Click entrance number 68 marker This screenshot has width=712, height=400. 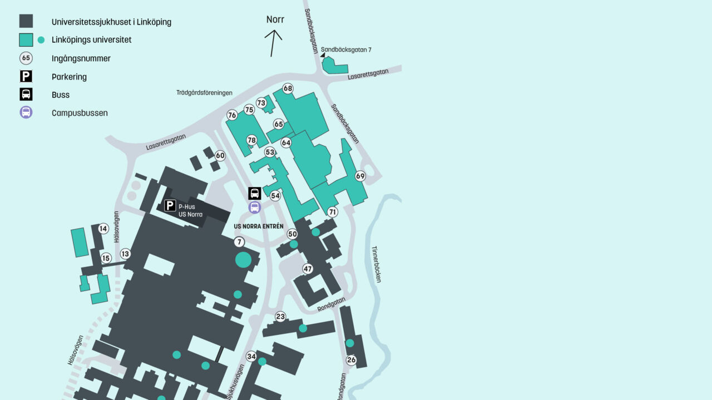(288, 88)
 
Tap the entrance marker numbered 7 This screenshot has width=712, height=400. (239, 242)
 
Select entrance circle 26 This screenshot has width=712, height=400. (351, 360)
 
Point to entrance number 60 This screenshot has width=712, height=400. (220, 156)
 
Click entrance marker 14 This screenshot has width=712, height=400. (103, 229)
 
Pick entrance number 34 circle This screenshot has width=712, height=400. (251, 356)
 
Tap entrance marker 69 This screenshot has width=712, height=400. (360, 176)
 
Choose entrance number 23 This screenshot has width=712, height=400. (280, 317)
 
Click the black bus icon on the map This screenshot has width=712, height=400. (255, 193)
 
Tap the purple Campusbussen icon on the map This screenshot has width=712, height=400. (255, 208)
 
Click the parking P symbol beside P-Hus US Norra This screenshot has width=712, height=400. (170, 205)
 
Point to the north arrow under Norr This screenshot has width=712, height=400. (273, 42)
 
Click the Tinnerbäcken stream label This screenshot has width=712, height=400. (376, 264)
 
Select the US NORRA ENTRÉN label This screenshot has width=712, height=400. (259, 226)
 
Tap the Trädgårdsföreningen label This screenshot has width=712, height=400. (204, 93)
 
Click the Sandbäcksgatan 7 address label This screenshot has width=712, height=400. (346, 50)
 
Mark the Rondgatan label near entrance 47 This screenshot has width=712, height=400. (332, 304)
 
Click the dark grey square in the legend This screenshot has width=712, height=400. (26, 21)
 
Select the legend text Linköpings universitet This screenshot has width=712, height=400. (92, 40)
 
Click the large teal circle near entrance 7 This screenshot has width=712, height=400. (243, 259)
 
